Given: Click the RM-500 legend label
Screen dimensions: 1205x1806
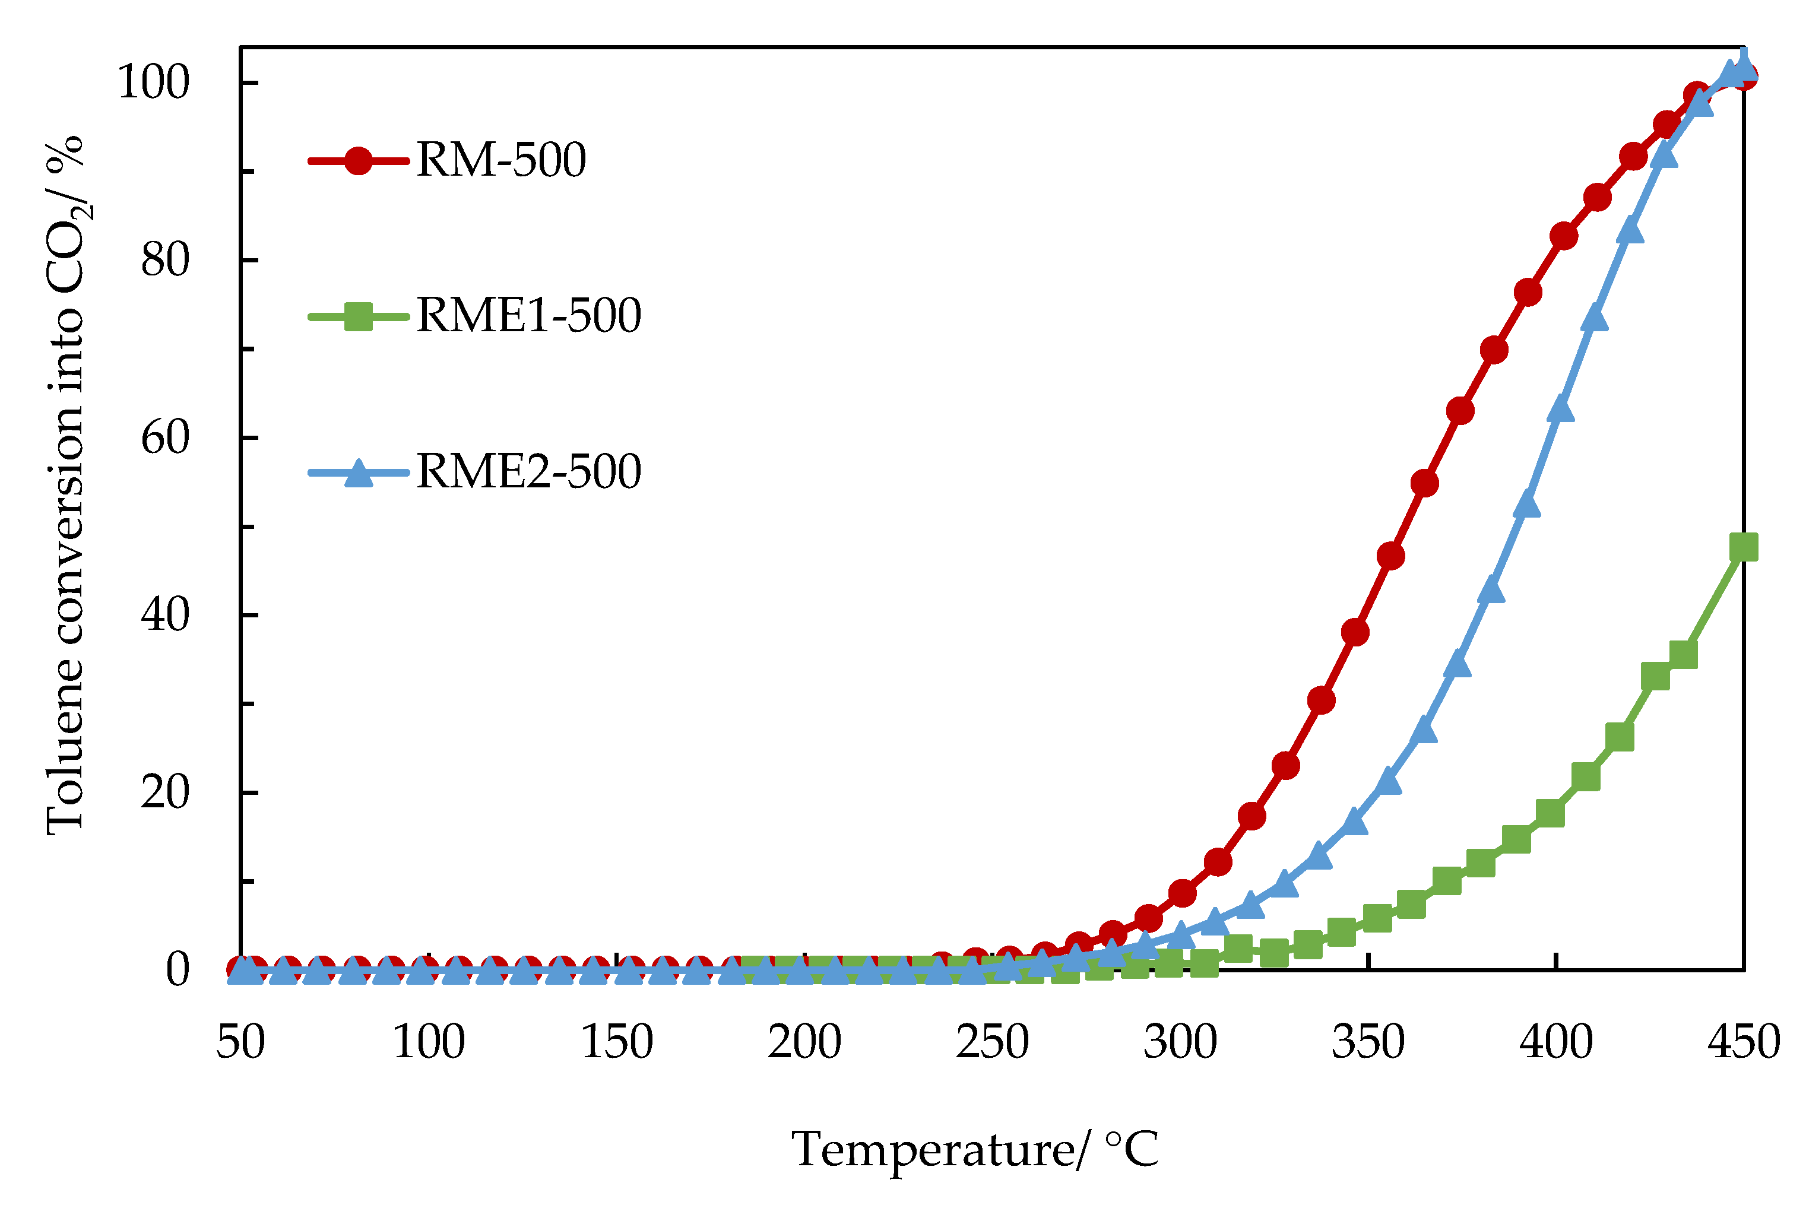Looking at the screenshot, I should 501,161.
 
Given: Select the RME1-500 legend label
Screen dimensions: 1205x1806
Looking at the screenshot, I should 529,316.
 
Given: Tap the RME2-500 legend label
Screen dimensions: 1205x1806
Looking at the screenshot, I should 529,472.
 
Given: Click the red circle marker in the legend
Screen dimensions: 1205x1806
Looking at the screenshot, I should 358,161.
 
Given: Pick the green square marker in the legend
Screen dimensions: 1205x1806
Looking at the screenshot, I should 358,316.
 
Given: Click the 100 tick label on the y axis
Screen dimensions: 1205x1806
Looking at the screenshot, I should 153,83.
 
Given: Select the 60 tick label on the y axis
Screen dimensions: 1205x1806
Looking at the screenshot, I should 164,438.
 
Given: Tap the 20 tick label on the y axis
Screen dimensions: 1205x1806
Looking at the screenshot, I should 164,792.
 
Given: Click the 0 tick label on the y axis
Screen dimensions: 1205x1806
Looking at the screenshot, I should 178,970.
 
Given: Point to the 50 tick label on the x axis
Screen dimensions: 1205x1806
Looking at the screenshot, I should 240,1042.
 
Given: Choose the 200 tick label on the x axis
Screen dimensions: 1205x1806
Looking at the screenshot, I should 804,1042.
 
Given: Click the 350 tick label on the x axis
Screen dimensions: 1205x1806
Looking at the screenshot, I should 1368,1042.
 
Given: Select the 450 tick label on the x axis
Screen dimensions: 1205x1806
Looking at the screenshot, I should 1744,1042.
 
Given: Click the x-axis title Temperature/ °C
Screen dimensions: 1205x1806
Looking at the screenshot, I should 974,1150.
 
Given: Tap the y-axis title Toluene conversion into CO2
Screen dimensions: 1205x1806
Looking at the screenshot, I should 65,484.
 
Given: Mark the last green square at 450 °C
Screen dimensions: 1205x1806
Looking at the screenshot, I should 1743,548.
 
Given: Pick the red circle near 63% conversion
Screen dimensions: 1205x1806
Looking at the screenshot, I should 1460,411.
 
